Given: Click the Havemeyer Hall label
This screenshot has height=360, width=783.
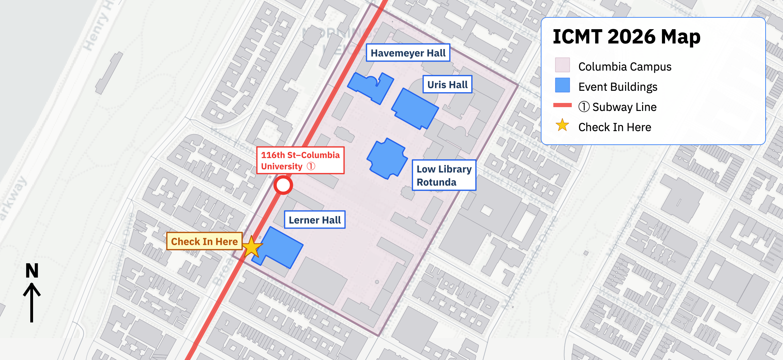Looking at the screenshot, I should pos(408,53).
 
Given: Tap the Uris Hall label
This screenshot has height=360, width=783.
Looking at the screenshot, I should pos(447,85).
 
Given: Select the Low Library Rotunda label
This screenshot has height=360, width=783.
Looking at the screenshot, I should pos(444,175).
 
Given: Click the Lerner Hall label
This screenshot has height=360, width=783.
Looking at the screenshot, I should pos(315,220).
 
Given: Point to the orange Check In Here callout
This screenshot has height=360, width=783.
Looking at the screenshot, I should pos(204,241).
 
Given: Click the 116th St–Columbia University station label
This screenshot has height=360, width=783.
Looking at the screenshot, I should pos(300,160).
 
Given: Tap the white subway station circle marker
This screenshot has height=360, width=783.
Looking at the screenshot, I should pos(283,185).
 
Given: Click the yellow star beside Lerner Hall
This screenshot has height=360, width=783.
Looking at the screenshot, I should pos(252,247).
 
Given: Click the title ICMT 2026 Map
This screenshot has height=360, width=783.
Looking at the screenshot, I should pos(626,37).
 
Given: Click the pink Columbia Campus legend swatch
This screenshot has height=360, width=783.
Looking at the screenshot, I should pos(562,65).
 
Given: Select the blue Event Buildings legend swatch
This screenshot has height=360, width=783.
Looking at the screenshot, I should pos(562,85).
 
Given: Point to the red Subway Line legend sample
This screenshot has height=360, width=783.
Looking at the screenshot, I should pos(562,105).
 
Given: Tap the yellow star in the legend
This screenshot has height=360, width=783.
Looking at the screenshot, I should pos(562,125).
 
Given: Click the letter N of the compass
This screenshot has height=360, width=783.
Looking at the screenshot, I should pos(32,271).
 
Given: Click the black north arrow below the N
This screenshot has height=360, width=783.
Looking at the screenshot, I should pos(32,303).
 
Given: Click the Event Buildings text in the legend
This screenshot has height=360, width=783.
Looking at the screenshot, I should pos(618,87).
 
